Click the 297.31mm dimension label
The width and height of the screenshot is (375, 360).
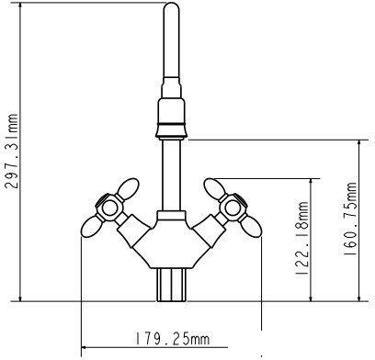[x=11, y=151]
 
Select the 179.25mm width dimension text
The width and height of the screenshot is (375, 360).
[x=173, y=339]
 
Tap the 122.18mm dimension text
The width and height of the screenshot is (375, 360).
[x=302, y=239]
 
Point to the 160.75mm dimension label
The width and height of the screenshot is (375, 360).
[x=349, y=219]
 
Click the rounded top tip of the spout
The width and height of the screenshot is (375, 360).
[x=171, y=4]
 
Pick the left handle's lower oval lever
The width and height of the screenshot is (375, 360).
[x=91, y=226]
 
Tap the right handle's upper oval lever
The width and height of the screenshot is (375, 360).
[x=215, y=188]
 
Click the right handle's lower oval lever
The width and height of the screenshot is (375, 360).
[x=251, y=226]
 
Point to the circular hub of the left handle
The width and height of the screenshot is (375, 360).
[x=109, y=208]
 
